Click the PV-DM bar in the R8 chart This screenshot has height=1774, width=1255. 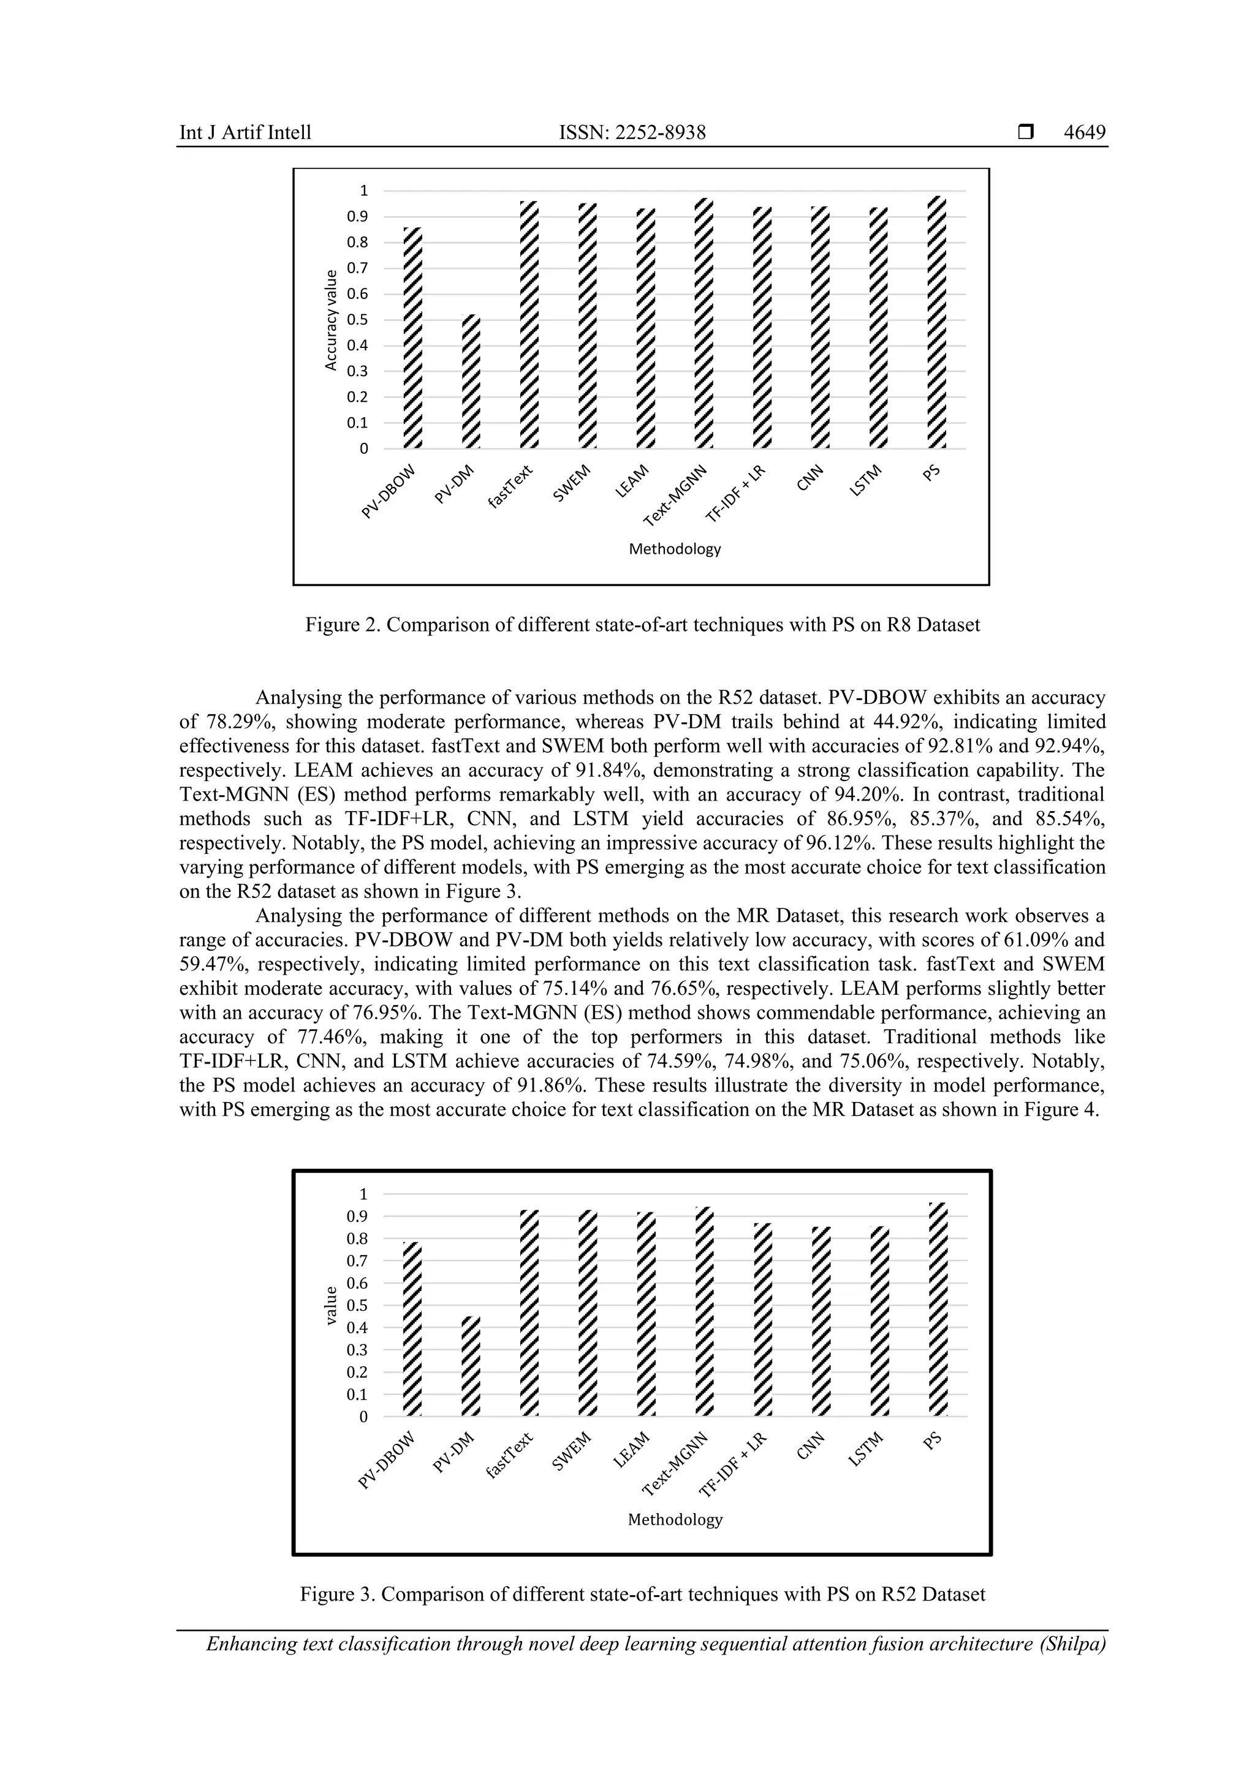click(471, 382)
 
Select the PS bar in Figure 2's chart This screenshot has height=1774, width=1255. click(936, 323)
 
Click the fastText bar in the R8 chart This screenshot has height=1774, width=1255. click(529, 325)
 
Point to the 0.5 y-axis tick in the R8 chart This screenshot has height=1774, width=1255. click(357, 320)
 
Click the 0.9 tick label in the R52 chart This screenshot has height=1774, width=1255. click(357, 1216)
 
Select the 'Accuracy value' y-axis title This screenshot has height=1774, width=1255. click(332, 320)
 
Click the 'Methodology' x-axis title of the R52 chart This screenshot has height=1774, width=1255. click(675, 1520)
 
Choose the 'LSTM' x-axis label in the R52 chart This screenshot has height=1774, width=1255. click(865, 1449)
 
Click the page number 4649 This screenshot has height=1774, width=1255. click(1084, 133)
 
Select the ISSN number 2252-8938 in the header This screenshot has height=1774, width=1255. click(660, 133)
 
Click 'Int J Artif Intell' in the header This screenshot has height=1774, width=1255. click(245, 133)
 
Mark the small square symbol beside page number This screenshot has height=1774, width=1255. click(1025, 133)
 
